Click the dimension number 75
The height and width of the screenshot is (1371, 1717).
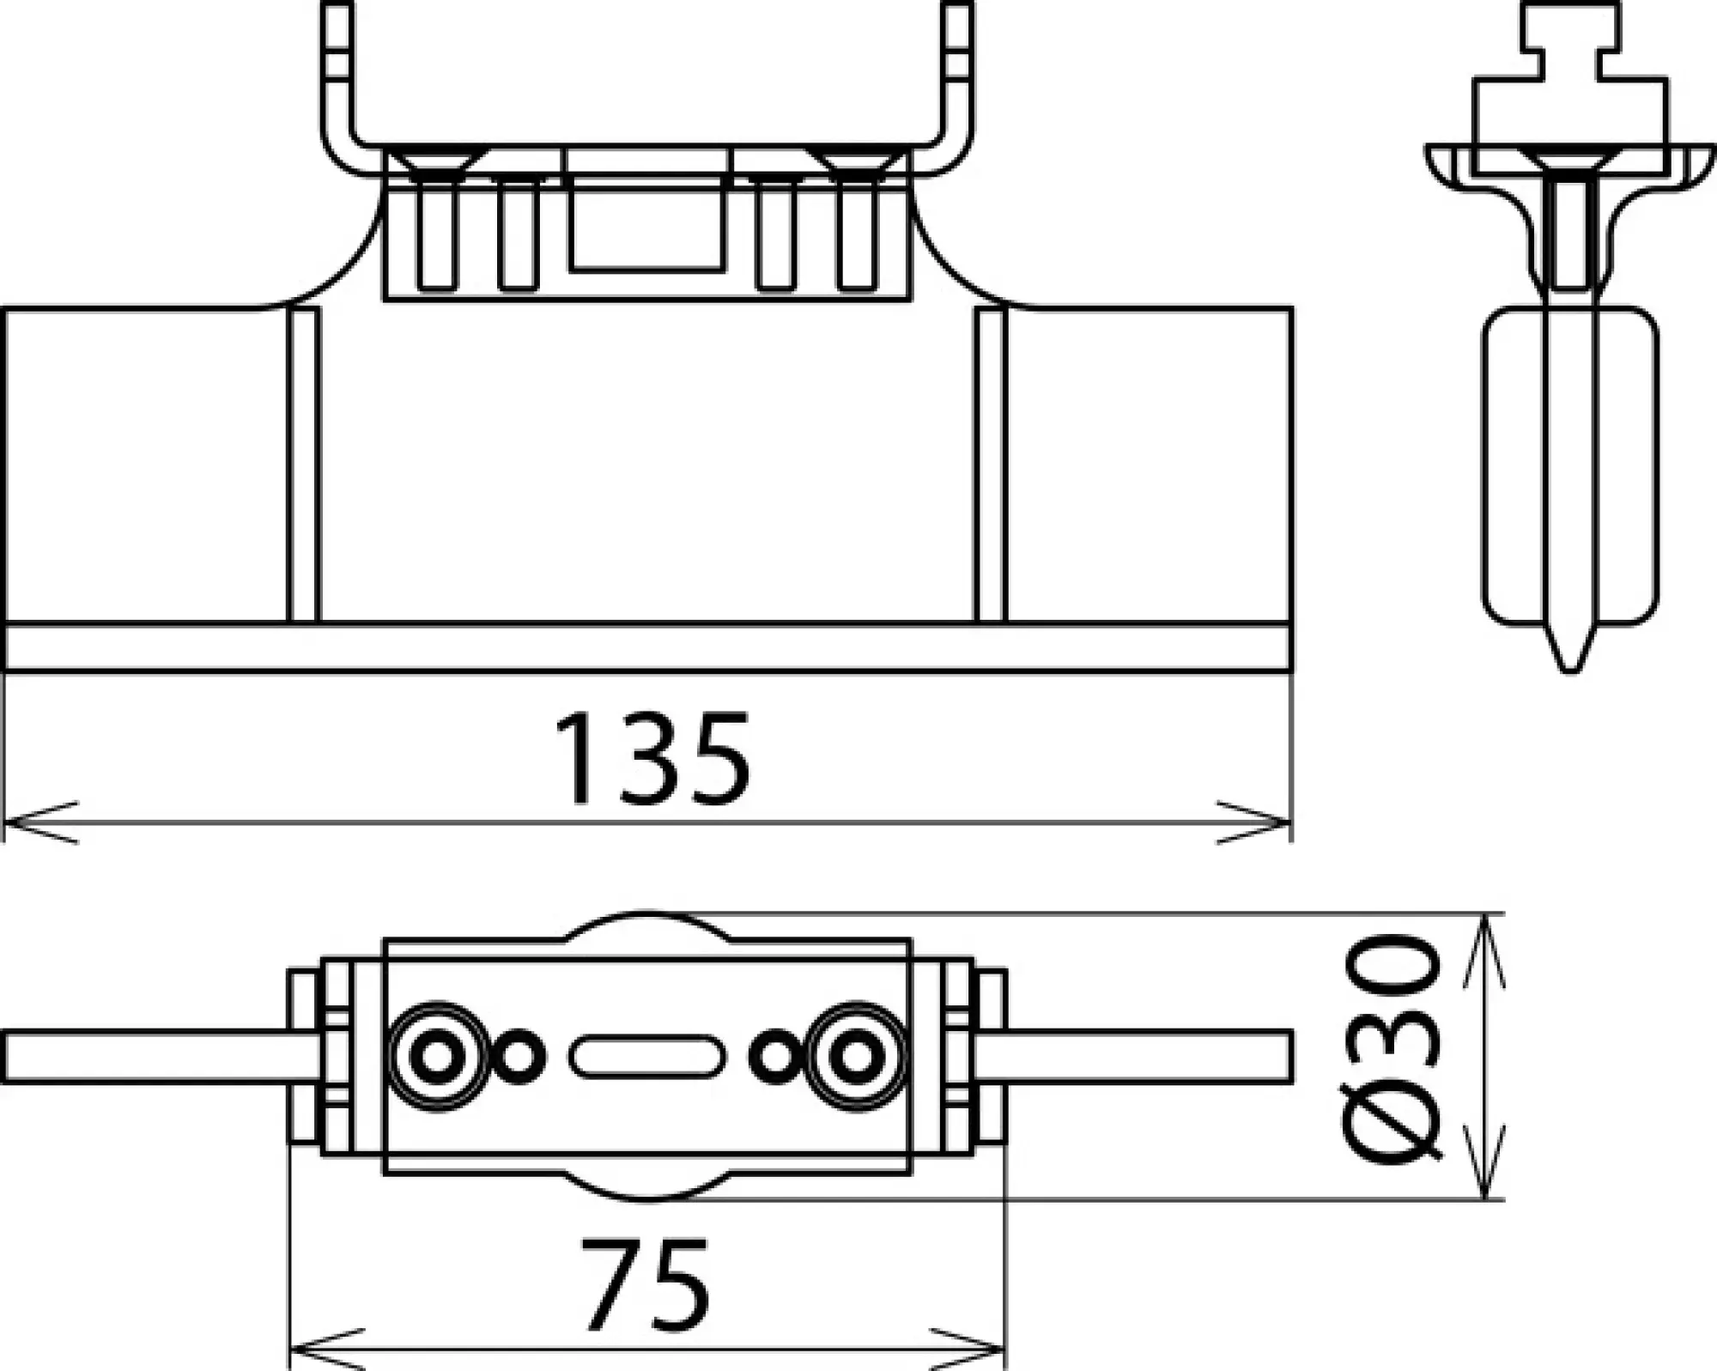646,1284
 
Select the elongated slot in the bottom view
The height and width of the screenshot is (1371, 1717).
646,1057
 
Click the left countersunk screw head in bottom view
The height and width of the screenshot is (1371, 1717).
437,1057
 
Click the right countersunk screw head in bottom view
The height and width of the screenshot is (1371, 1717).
855,1057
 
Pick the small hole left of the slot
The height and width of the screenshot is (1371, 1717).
518,1057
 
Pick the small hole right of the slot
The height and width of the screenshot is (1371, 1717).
775,1057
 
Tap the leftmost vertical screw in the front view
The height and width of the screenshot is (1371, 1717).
437,236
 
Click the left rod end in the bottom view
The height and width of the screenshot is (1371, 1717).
17,1057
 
